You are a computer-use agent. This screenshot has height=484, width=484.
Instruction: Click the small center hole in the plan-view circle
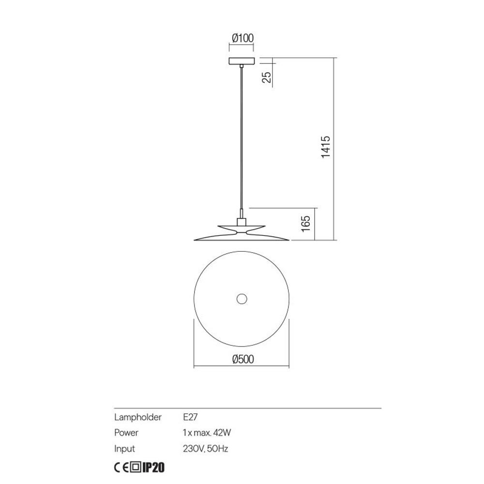[x=241, y=299]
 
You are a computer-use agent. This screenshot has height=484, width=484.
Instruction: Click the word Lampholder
[x=137, y=417]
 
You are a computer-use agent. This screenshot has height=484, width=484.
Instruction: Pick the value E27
[x=191, y=417]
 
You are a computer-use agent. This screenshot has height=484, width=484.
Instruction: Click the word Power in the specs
[x=126, y=433]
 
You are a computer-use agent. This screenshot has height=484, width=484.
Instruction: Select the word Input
[x=124, y=449]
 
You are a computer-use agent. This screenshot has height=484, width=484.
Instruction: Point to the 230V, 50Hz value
[x=206, y=449]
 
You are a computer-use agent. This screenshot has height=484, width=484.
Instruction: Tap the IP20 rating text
[x=154, y=468]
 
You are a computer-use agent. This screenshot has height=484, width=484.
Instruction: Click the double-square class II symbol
[x=136, y=468]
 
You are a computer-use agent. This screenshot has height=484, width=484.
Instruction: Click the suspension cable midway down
[x=241, y=140]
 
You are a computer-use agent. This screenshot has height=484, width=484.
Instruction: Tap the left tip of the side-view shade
[x=195, y=239]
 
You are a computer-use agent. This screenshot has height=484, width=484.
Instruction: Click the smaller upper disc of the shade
[x=227, y=227]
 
